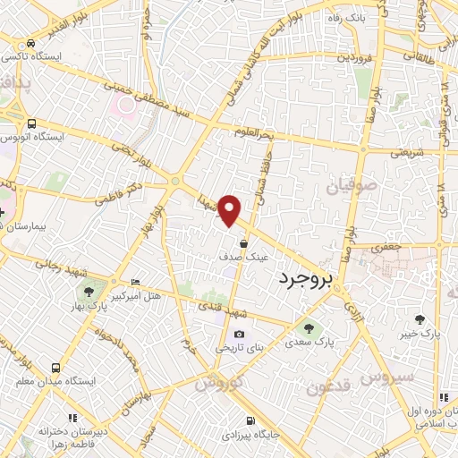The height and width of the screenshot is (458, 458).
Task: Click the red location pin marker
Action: tap(230, 210)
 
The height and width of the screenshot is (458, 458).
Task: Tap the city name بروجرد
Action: tap(304, 280)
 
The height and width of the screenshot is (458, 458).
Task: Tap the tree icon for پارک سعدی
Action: tap(310, 328)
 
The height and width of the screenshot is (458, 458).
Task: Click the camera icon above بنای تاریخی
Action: tap(239, 334)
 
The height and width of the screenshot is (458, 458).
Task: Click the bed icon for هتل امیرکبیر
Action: tap(134, 282)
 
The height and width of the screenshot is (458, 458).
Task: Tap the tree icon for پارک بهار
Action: tap(88, 290)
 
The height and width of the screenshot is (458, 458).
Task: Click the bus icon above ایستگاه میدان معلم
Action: tap(57, 367)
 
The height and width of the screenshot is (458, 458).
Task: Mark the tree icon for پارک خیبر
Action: tap(420, 319)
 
